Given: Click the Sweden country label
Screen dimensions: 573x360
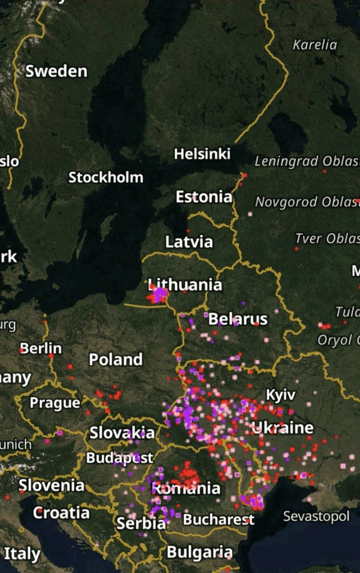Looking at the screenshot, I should click(56, 72).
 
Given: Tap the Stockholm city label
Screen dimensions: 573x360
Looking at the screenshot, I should click(106, 178).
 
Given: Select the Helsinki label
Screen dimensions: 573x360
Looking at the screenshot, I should click(202, 154).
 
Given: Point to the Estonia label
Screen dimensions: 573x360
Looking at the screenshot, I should click(204, 197).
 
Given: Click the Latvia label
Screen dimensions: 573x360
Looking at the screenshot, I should click(189, 242).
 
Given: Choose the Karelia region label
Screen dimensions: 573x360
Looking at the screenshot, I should click(315, 45).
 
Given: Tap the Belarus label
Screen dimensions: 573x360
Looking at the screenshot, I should click(238, 318).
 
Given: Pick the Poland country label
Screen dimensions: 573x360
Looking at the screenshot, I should click(116, 359).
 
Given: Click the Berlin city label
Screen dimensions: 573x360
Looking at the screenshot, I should click(41, 348).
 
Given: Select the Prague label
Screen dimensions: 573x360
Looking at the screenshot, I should click(55, 403).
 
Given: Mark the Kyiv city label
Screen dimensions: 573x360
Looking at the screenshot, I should click(280, 395).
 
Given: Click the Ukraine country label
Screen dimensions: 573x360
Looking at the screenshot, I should click(283, 427).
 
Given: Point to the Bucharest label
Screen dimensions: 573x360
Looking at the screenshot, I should click(219, 519).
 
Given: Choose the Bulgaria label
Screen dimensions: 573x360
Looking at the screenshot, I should click(200, 552).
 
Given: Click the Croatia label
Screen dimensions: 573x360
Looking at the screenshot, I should click(61, 513).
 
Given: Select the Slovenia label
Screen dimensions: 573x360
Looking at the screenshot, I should click(52, 486).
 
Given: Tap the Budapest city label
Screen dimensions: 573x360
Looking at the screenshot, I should click(119, 458).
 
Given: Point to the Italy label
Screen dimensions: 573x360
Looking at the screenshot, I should click(22, 554).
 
